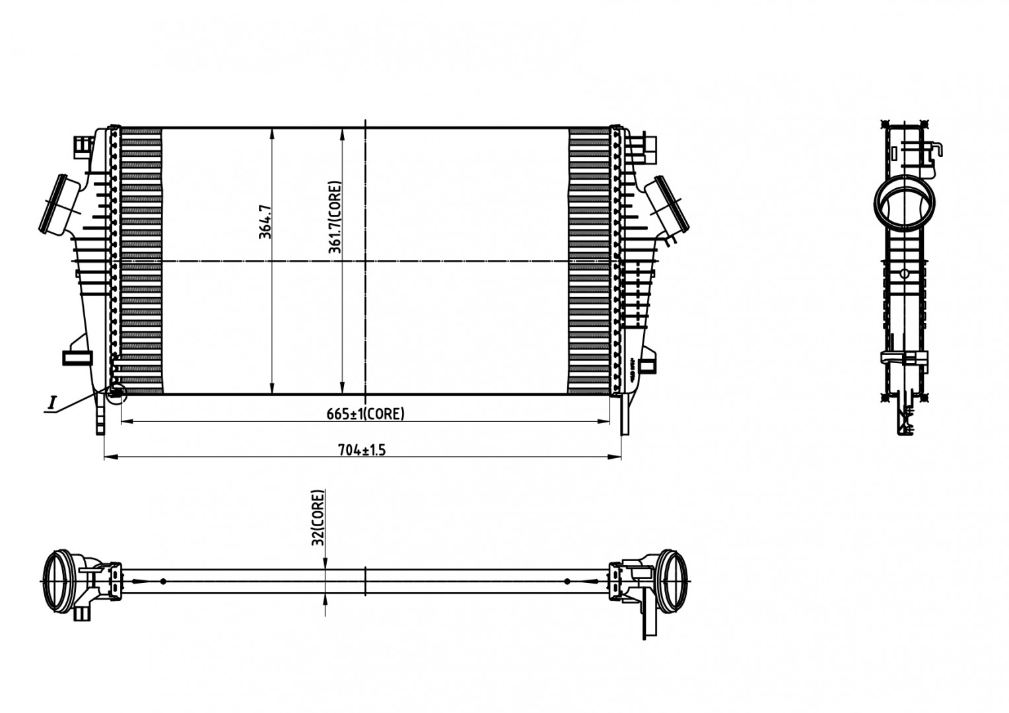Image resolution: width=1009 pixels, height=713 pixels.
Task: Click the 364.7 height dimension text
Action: (x=265, y=221)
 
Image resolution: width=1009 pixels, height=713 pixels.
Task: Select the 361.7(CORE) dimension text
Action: (x=335, y=217)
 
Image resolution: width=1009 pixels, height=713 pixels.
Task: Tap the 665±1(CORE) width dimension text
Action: (x=365, y=414)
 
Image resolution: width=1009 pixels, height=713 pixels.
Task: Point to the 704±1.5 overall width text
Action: (x=362, y=450)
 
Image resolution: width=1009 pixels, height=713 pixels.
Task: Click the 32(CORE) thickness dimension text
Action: (x=318, y=518)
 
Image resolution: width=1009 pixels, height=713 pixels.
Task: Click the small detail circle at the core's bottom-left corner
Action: (x=118, y=393)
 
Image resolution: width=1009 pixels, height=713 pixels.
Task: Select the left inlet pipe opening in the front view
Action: (x=54, y=204)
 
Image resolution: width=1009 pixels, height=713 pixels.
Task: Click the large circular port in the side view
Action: (x=905, y=205)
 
